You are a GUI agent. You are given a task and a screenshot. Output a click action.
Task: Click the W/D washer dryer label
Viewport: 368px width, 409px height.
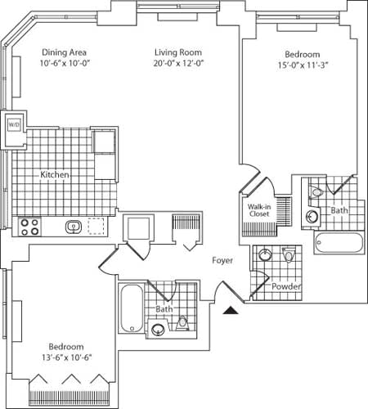[13, 124]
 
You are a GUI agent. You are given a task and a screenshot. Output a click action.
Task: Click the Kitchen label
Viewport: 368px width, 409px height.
[56, 175]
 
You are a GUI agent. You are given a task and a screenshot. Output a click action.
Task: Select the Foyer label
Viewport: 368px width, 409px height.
[222, 260]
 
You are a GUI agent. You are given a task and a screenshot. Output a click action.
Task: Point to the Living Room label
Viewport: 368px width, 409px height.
[177, 54]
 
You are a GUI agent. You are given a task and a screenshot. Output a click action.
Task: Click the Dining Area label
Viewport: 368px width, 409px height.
[61, 54]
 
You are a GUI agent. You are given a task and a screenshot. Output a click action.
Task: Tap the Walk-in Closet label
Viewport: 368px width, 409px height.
[260, 212]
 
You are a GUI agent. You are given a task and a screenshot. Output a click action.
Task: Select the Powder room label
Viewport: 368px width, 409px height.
[287, 287]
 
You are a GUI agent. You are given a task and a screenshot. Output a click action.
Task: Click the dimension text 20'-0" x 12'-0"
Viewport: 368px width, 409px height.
[177, 65]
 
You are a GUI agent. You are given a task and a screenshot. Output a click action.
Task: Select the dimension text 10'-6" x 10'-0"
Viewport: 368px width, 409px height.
[61, 65]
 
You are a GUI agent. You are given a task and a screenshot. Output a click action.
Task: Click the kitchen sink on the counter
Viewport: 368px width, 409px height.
[73, 226]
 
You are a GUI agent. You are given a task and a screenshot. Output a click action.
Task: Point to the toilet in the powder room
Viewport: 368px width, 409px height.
[289, 257]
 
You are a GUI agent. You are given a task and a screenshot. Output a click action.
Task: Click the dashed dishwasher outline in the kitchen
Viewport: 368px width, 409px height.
[98, 226]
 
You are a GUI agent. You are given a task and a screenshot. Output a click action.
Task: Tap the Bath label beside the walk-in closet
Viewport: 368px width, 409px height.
[339, 211]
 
